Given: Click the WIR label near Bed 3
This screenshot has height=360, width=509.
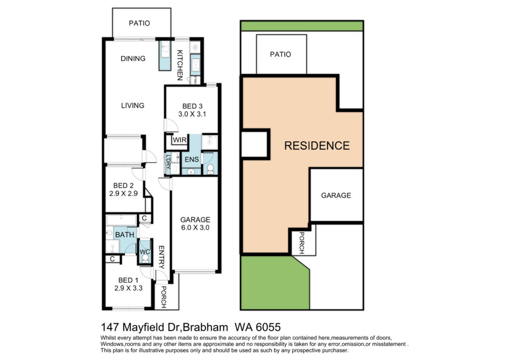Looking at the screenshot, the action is point(179,140).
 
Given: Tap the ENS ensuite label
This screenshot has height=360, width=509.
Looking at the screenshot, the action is point(191,160).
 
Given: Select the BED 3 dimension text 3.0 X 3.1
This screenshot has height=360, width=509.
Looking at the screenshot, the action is point(192,114).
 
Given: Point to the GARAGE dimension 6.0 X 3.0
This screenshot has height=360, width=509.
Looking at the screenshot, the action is point(195,228).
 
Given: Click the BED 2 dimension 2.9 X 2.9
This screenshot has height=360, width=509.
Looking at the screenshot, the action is point(123,193).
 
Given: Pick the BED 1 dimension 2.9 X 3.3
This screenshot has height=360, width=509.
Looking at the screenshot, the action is point(128,288).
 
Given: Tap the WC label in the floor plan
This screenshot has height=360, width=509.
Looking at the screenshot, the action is point(145,252).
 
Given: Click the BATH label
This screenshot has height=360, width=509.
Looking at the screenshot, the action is point(125,234).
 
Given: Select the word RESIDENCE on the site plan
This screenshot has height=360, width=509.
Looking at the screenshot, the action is point(317,145).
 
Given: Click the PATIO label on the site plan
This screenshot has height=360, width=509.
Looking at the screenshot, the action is point(280,54).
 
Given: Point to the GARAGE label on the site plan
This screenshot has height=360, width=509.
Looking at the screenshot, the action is point(336,195).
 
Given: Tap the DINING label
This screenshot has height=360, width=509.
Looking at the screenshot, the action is point(133,59).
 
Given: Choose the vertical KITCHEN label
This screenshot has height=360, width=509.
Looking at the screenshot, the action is point(180,65).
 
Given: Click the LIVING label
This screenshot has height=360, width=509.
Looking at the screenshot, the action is point(132,105).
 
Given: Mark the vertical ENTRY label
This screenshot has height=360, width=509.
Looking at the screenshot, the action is point(162,258).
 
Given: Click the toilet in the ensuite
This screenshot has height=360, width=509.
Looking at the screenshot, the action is point(210,169).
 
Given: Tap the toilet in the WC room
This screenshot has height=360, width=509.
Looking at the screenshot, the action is point(145,258).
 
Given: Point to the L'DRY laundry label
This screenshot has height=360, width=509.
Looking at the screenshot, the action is point(168,163).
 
